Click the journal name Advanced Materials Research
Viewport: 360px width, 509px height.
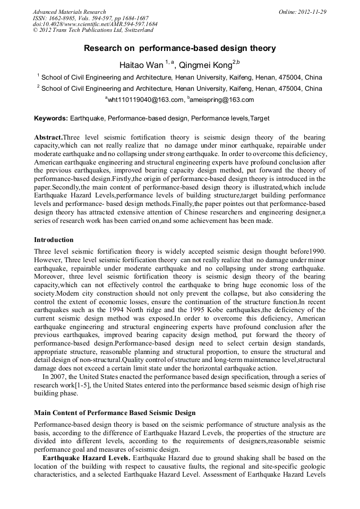pos(69,12)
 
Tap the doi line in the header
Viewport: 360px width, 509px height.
pos(95,24)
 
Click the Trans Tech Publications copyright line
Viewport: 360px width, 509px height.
pos(93,31)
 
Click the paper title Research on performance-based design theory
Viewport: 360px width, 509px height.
pos(179,48)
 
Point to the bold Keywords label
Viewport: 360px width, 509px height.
pos(50,118)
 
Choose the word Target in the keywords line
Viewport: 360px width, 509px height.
pos(260,118)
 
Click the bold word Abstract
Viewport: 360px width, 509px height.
pos(49,137)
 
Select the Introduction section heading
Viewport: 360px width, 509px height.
pos(54,240)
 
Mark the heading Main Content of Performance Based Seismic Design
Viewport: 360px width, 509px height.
pos(115,413)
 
